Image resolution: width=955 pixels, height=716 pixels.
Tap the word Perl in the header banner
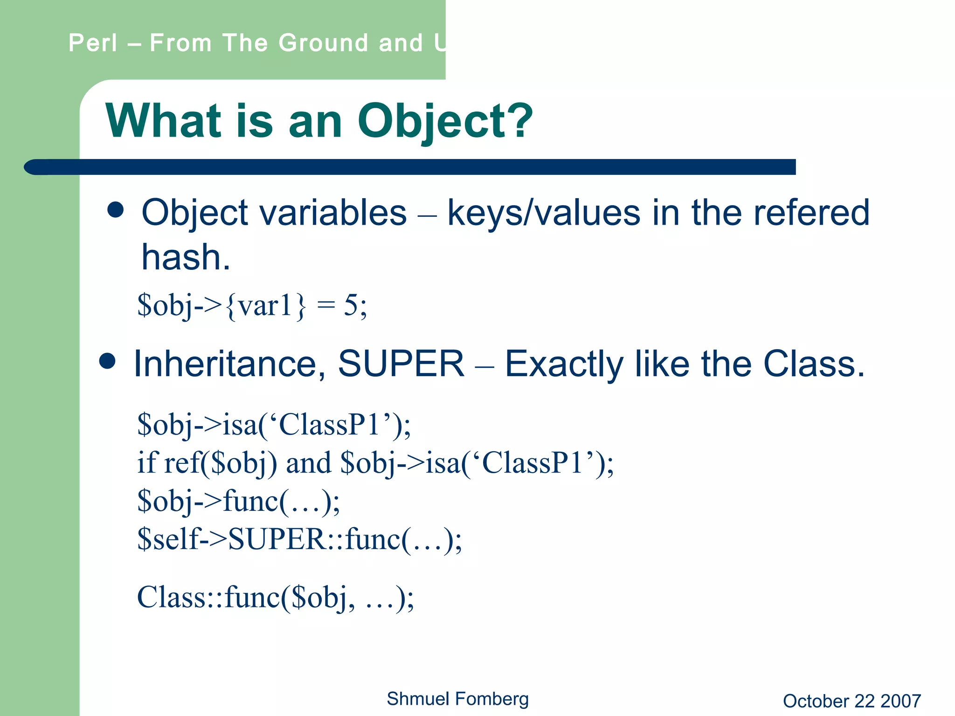pos(93,43)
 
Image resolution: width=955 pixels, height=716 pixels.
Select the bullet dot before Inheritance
pos(107,361)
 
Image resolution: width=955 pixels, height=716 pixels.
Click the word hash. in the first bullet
pos(186,257)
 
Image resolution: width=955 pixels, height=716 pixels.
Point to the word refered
pos(811,213)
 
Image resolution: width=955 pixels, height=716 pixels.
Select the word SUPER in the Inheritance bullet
pos(401,364)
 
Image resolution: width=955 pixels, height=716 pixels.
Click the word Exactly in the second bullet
pos(564,365)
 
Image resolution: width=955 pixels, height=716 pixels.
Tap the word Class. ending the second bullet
pos(814,364)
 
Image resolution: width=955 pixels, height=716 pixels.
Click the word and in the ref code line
pos(308,463)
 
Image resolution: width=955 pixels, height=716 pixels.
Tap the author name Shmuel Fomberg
pos(457,699)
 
